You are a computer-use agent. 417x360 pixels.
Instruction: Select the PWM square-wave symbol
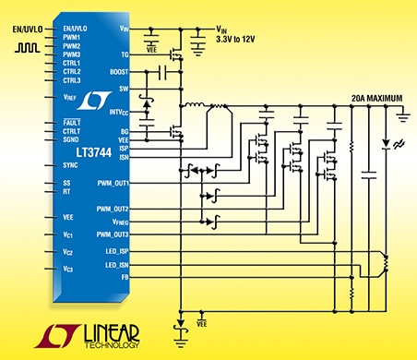click(x=27, y=46)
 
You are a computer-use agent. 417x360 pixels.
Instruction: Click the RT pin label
click(x=66, y=191)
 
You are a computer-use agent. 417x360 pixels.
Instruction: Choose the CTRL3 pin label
click(x=73, y=80)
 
